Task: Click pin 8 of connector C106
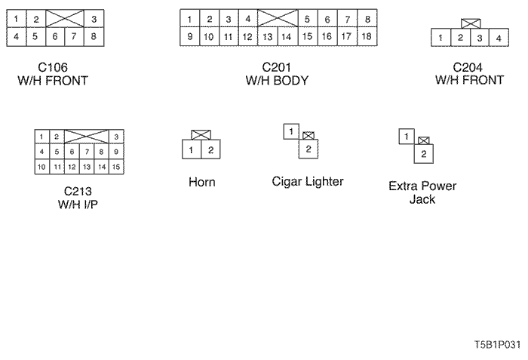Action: tap(93, 35)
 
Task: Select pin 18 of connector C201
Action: tap(366, 35)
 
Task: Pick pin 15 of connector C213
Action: tap(116, 166)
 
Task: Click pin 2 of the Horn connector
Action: tap(210, 150)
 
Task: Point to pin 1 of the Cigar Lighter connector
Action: tap(290, 131)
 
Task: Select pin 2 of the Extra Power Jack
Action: tap(425, 154)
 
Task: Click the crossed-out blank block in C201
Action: tap(277, 19)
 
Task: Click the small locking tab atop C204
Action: tap(469, 24)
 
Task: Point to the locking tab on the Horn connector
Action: tap(201, 135)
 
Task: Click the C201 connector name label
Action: tap(277, 66)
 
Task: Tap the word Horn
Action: tap(201, 182)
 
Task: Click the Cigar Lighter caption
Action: tap(308, 181)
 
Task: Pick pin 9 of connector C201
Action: tap(190, 35)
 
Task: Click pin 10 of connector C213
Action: tap(43, 166)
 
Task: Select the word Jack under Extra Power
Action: tap(422, 199)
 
